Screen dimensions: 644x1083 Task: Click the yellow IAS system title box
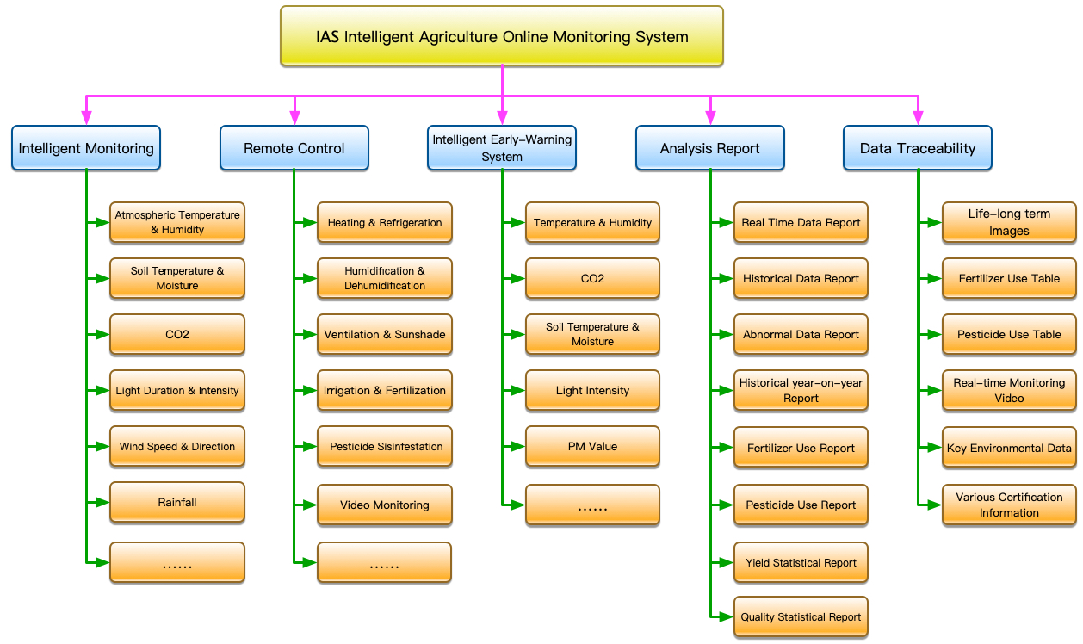[x=501, y=36]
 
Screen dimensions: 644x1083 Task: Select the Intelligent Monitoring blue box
[x=86, y=148]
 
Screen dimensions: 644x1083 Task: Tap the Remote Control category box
[x=294, y=148]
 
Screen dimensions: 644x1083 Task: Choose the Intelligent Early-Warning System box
[x=502, y=148]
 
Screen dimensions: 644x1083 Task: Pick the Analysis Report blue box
[x=709, y=148]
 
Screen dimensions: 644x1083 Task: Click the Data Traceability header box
[x=918, y=148]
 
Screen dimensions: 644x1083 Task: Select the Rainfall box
[x=177, y=502]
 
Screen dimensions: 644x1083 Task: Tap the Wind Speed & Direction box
[x=177, y=447]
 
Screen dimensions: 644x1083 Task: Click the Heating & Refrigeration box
[x=385, y=222]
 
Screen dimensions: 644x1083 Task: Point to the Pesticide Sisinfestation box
[x=385, y=447]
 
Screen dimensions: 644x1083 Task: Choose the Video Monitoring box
[x=385, y=505]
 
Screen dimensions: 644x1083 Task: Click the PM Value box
[x=592, y=447]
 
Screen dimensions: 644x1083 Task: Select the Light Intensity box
[x=592, y=391]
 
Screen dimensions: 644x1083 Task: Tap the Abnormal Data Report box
[x=801, y=335]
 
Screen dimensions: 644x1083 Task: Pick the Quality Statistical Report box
[x=801, y=616]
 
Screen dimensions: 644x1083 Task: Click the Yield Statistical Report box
[x=801, y=563]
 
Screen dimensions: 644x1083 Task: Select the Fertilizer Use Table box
[x=1009, y=278]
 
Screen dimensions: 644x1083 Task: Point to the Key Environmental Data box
[x=1009, y=448]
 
